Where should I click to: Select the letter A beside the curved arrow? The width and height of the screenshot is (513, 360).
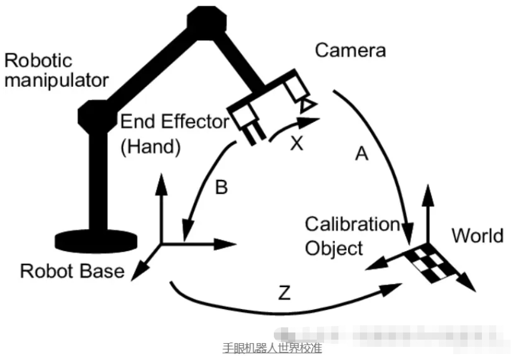[x=361, y=154]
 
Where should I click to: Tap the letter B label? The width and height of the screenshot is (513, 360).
[x=221, y=188]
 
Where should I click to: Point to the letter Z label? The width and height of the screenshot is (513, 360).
[x=286, y=294]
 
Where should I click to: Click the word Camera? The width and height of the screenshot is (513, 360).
[x=350, y=50]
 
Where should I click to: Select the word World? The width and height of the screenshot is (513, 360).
[x=477, y=236]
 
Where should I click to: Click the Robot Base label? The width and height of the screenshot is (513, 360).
[x=72, y=271]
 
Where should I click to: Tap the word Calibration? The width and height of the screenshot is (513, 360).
[x=352, y=224]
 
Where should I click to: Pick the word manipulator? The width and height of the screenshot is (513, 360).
[x=57, y=80]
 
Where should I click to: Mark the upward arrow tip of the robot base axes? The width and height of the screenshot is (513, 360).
[x=160, y=181]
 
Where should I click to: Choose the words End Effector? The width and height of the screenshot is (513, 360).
[x=175, y=121]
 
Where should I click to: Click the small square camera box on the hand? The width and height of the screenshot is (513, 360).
[x=297, y=90]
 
